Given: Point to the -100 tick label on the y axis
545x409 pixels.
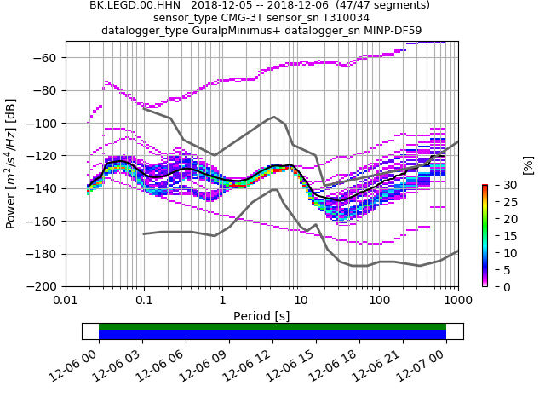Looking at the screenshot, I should pyautogui.click(x=45, y=124).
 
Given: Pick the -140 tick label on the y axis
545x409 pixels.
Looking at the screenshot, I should pyautogui.click(x=45, y=188).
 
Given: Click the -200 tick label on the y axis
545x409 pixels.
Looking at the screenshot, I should pyautogui.click(x=45, y=286).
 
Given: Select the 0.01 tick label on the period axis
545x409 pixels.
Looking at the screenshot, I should pyautogui.click(x=66, y=300).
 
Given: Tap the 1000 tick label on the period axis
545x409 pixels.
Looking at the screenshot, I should pyautogui.click(x=457, y=300).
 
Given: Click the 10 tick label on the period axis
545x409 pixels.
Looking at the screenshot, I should pyautogui.click(x=301, y=300).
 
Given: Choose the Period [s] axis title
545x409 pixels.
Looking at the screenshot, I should pyautogui.click(x=261, y=315).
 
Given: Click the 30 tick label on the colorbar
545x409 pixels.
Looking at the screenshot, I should pyautogui.click(x=502, y=185).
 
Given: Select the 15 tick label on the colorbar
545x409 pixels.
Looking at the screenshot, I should pyautogui.click(x=502, y=236).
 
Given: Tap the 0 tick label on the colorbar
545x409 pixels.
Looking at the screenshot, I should pyautogui.click(x=500, y=287).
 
